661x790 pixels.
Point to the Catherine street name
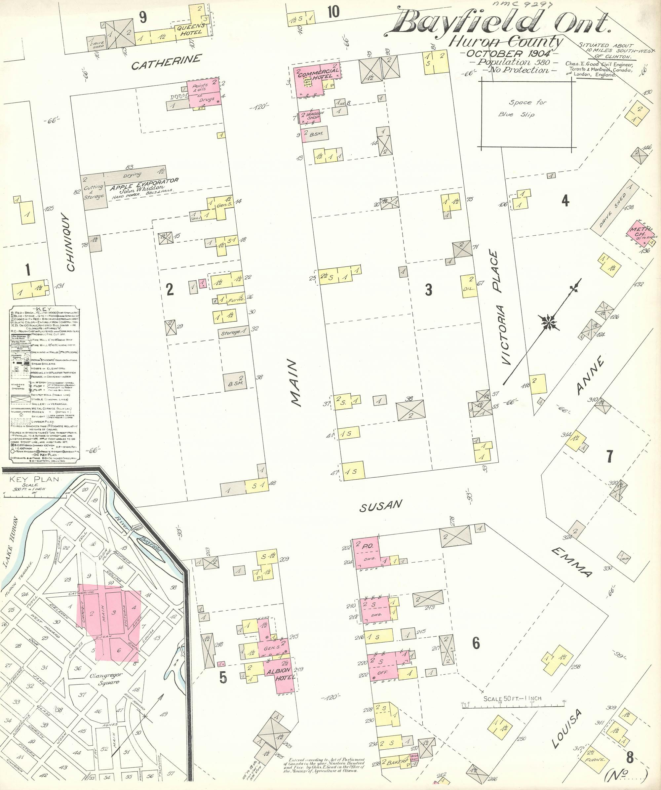(x=166, y=62)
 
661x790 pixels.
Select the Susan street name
(x=381, y=506)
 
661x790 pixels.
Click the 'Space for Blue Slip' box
(x=527, y=114)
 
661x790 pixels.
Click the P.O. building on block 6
(x=367, y=553)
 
